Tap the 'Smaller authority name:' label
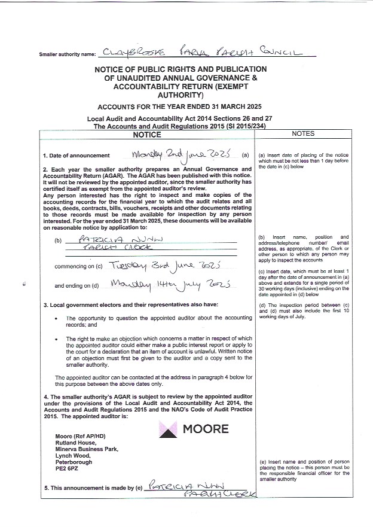(67, 54)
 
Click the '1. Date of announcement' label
(76, 156)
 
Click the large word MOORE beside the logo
(205, 429)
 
